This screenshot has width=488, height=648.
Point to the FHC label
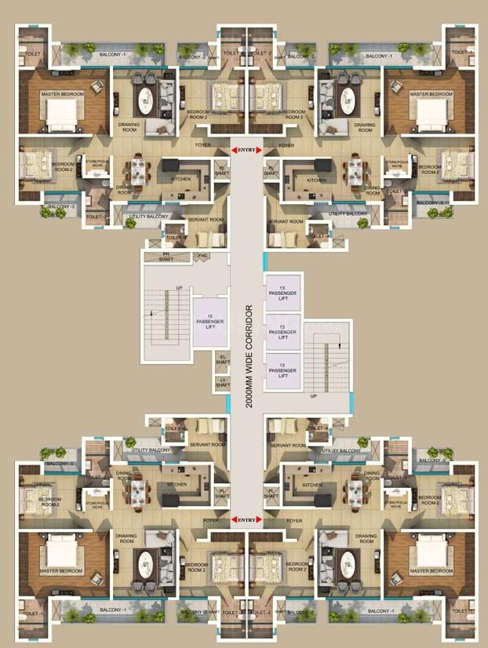(x=202, y=257)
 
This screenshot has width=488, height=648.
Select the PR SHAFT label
(x=166, y=257)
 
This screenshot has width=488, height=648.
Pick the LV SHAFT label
(x=223, y=383)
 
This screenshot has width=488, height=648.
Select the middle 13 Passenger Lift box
(x=282, y=333)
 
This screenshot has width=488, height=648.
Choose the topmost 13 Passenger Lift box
(x=282, y=293)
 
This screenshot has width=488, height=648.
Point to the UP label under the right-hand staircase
(x=314, y=395)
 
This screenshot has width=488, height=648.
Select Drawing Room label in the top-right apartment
(x=365, y=126)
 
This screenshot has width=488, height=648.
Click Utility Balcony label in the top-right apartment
(x=348, y=213)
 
